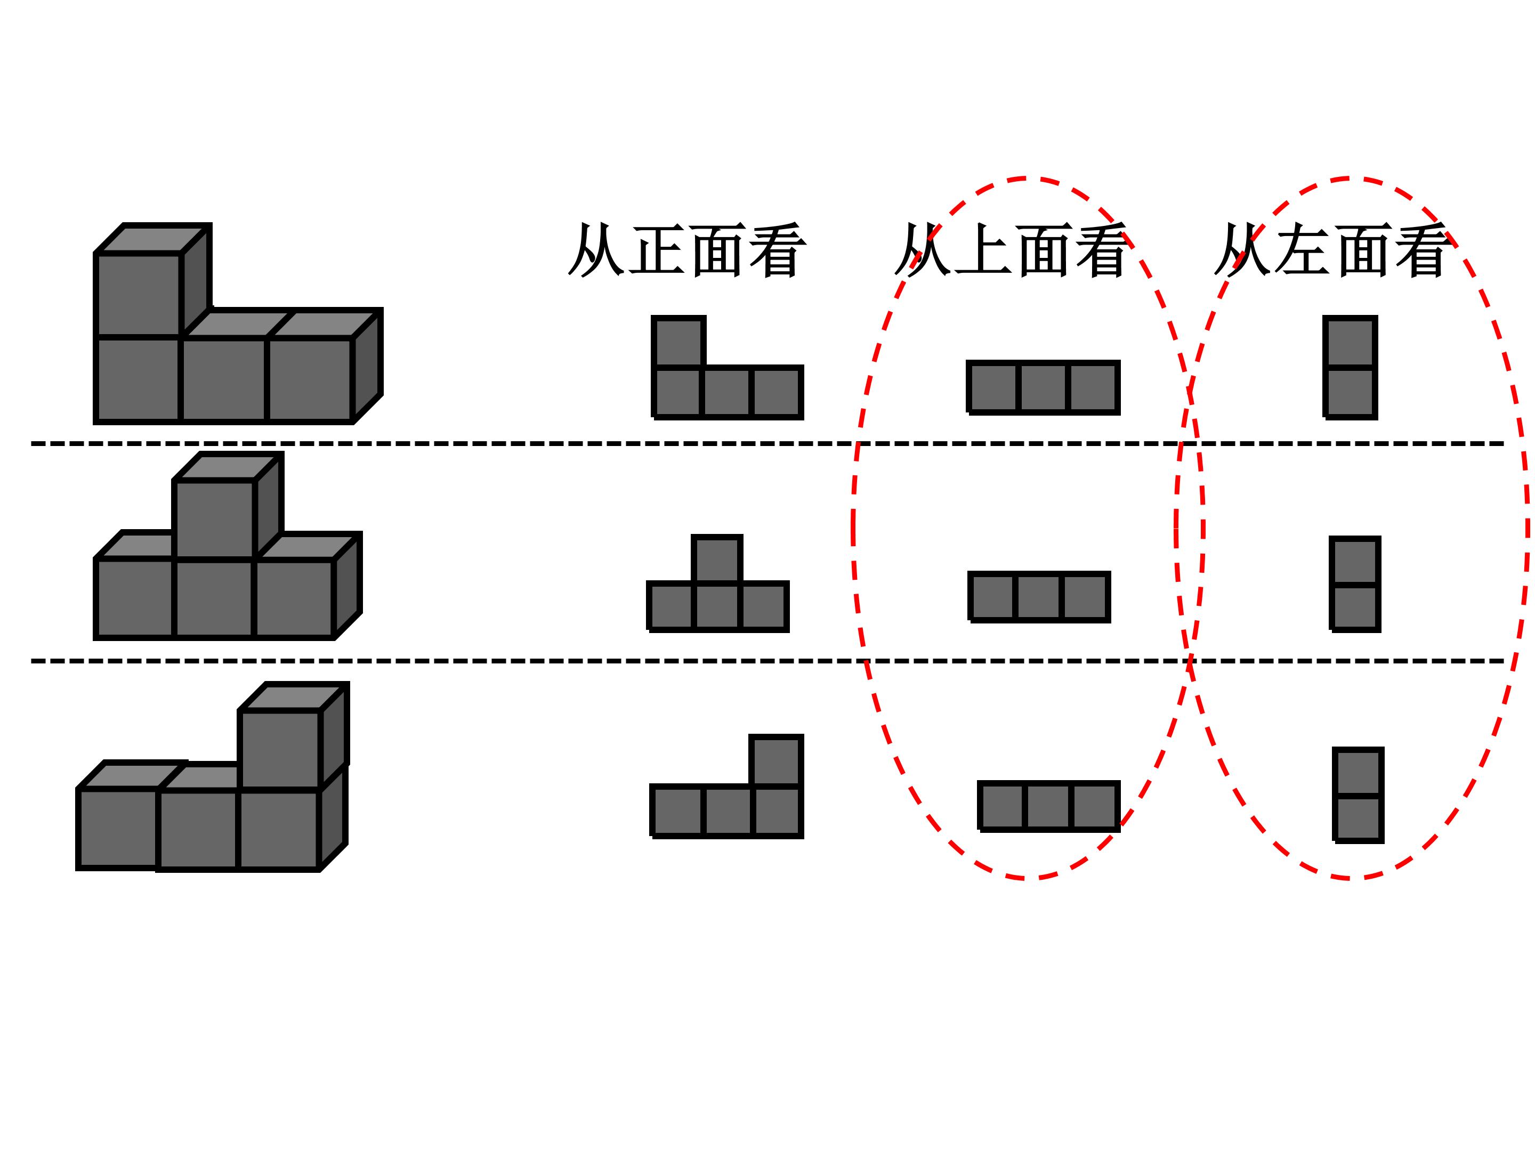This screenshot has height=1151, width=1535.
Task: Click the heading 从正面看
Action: click(x=687, y=250)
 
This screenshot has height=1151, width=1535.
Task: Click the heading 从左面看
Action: click(x=1332, y=250)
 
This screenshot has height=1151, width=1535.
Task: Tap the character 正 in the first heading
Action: click(x=658, y=250)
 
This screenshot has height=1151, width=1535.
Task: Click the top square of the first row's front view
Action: click(x=678, y=342)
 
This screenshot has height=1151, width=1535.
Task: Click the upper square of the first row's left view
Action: click(x=1350, y=342)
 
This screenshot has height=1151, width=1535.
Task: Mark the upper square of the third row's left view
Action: click(x=1358, y=772)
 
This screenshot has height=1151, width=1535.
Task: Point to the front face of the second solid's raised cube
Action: click(x=214, y=518)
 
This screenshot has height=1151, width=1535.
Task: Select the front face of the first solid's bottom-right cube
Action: click(x=310, y=379)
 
